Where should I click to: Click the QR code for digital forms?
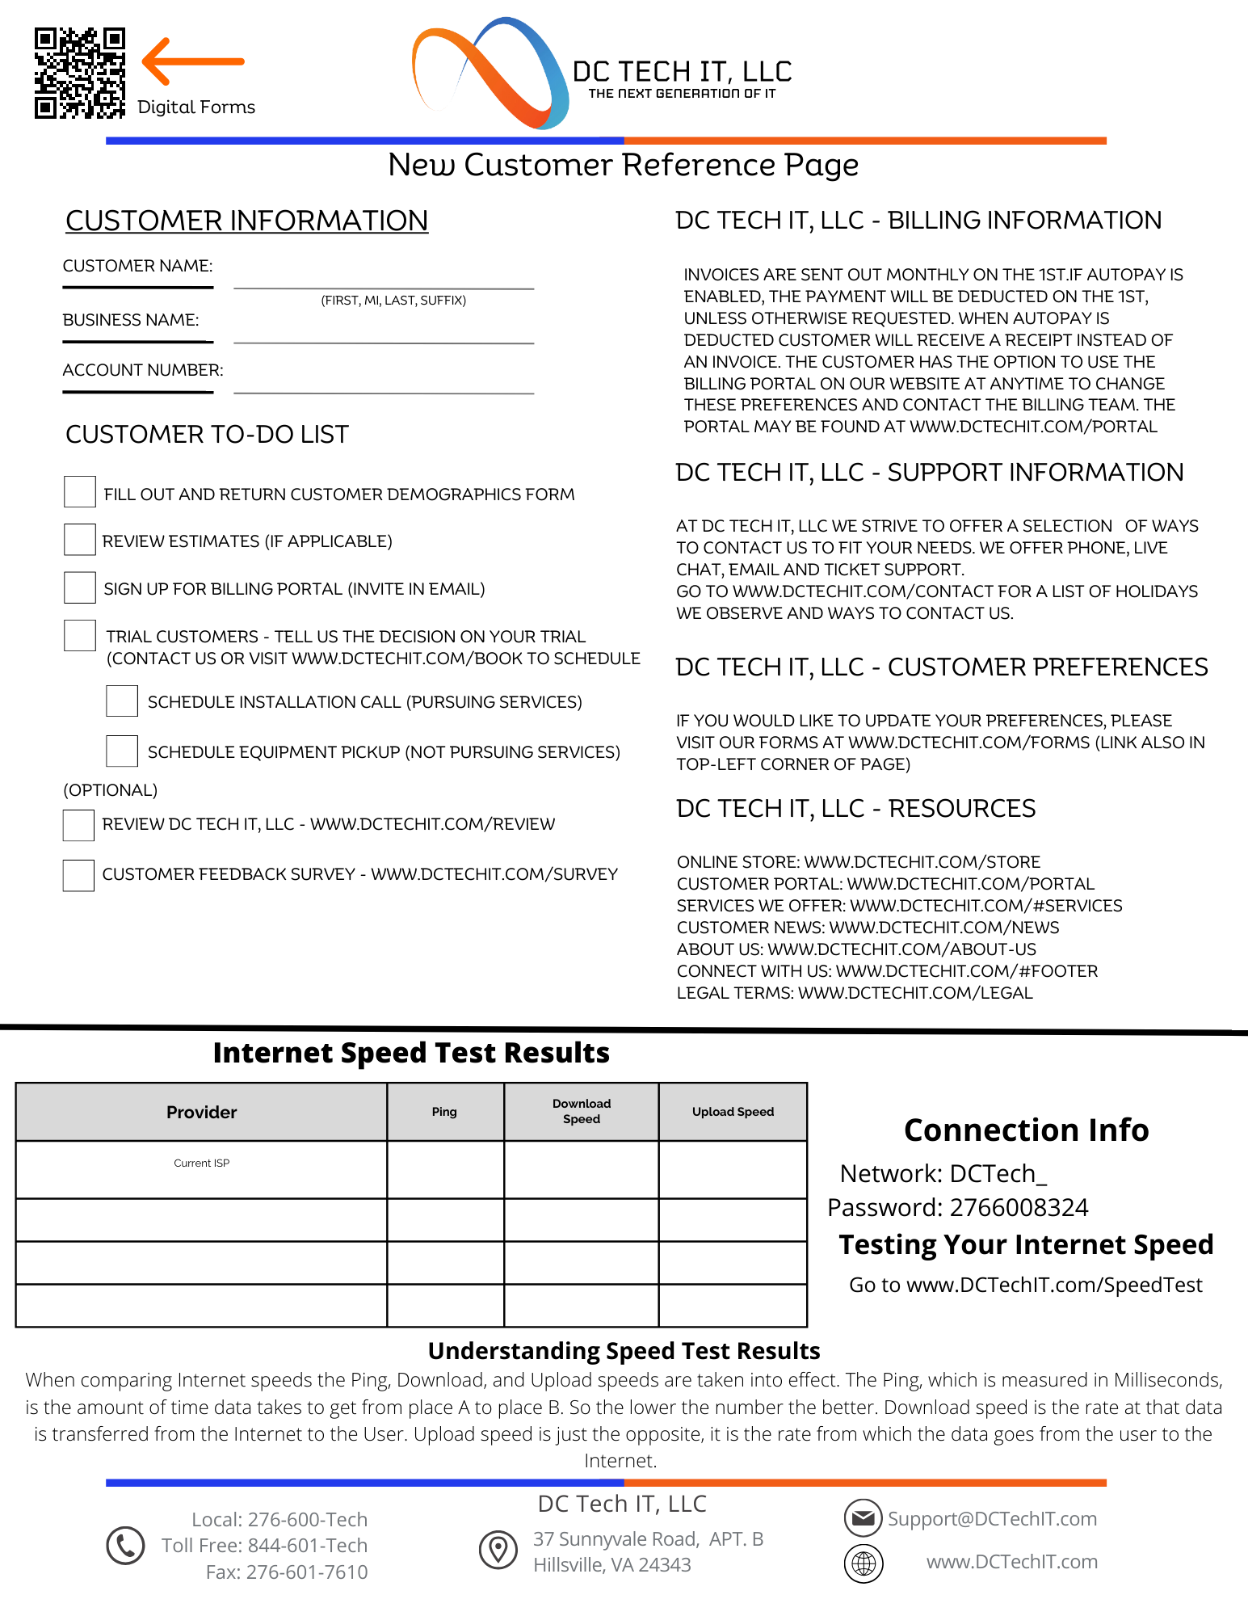click(x=79, y=73)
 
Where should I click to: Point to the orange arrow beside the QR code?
click(x=192, y=61)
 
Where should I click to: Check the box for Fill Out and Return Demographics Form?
click(x=80, y=492)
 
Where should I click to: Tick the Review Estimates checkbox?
click(x=80, y=540)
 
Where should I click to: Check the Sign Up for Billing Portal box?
click(x=80, y=587)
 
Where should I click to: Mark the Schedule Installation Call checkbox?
click(x=122, y=701)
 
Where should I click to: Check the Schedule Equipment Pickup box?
click(x=122, y=751)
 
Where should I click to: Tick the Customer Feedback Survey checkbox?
click(x=79, y=875)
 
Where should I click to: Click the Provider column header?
click(x=201, y=1112)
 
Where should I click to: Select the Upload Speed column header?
click(x=733, y=1112)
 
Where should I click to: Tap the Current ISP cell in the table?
click(x=201, y=1168)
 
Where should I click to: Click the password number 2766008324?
click(x=1019, y=1207)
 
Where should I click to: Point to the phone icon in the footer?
click(x=125, y=1546)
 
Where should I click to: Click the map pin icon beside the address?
click(x=498, y=1549)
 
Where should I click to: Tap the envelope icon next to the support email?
click(x=864, y=1518)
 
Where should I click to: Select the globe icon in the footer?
click(x=864, y=1563)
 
